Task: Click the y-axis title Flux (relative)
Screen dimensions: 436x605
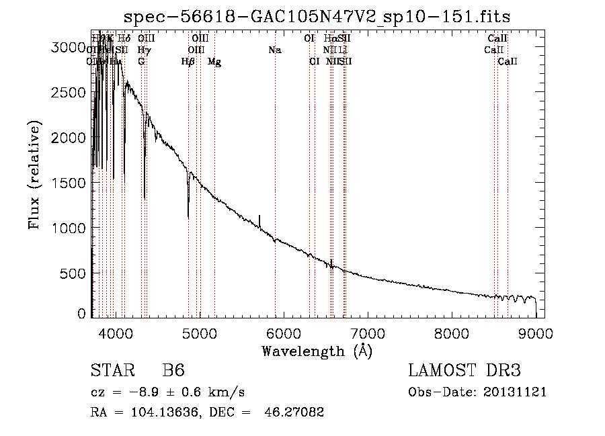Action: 34,175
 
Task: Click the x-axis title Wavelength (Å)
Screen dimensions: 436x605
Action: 317,351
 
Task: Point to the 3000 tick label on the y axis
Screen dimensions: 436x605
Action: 69,47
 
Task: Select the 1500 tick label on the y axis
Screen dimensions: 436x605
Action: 69,183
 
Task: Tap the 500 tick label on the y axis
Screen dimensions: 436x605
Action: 73,273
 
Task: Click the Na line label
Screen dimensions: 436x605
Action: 274,50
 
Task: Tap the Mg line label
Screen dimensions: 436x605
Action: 214,62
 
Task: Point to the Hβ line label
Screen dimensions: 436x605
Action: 188,62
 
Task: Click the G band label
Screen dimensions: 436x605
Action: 141,62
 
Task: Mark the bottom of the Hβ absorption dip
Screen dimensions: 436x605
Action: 188,217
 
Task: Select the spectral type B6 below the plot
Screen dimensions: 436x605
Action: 173,371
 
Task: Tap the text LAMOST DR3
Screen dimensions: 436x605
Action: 465,371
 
